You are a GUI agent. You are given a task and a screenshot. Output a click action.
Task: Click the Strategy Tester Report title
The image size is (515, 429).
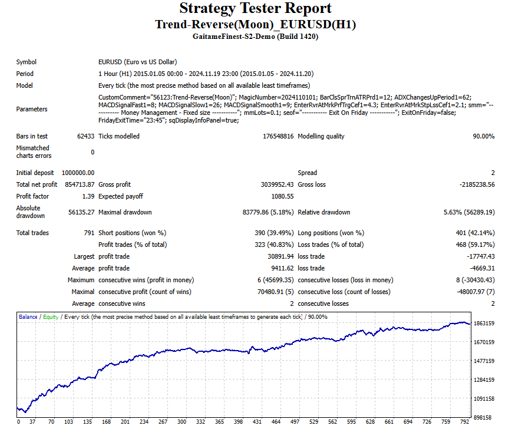[255, 9]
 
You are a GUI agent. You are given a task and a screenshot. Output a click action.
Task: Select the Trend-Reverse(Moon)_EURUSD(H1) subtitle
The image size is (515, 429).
[255, 24]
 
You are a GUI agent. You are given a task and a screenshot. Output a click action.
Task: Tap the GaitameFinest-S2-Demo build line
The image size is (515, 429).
[255, 37]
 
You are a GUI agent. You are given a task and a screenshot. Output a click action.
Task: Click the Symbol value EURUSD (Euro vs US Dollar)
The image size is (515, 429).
[138, 62]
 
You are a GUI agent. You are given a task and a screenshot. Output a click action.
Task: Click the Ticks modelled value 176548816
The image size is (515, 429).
[271, 136]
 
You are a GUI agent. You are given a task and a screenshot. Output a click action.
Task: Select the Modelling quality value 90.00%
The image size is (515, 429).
[483, 136]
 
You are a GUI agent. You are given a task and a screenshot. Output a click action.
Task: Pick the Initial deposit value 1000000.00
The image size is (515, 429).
[78, 173]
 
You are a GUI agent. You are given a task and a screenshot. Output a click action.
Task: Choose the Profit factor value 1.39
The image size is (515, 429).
[88, 196]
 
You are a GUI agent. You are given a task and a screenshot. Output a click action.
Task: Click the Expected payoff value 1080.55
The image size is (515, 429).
[282, 196]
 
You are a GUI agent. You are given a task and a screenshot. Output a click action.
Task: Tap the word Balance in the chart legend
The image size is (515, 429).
[28, 317]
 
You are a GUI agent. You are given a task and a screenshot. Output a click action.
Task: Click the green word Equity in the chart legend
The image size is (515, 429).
[51, 317]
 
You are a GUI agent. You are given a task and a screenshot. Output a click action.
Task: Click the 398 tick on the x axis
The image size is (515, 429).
[238, 422]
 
